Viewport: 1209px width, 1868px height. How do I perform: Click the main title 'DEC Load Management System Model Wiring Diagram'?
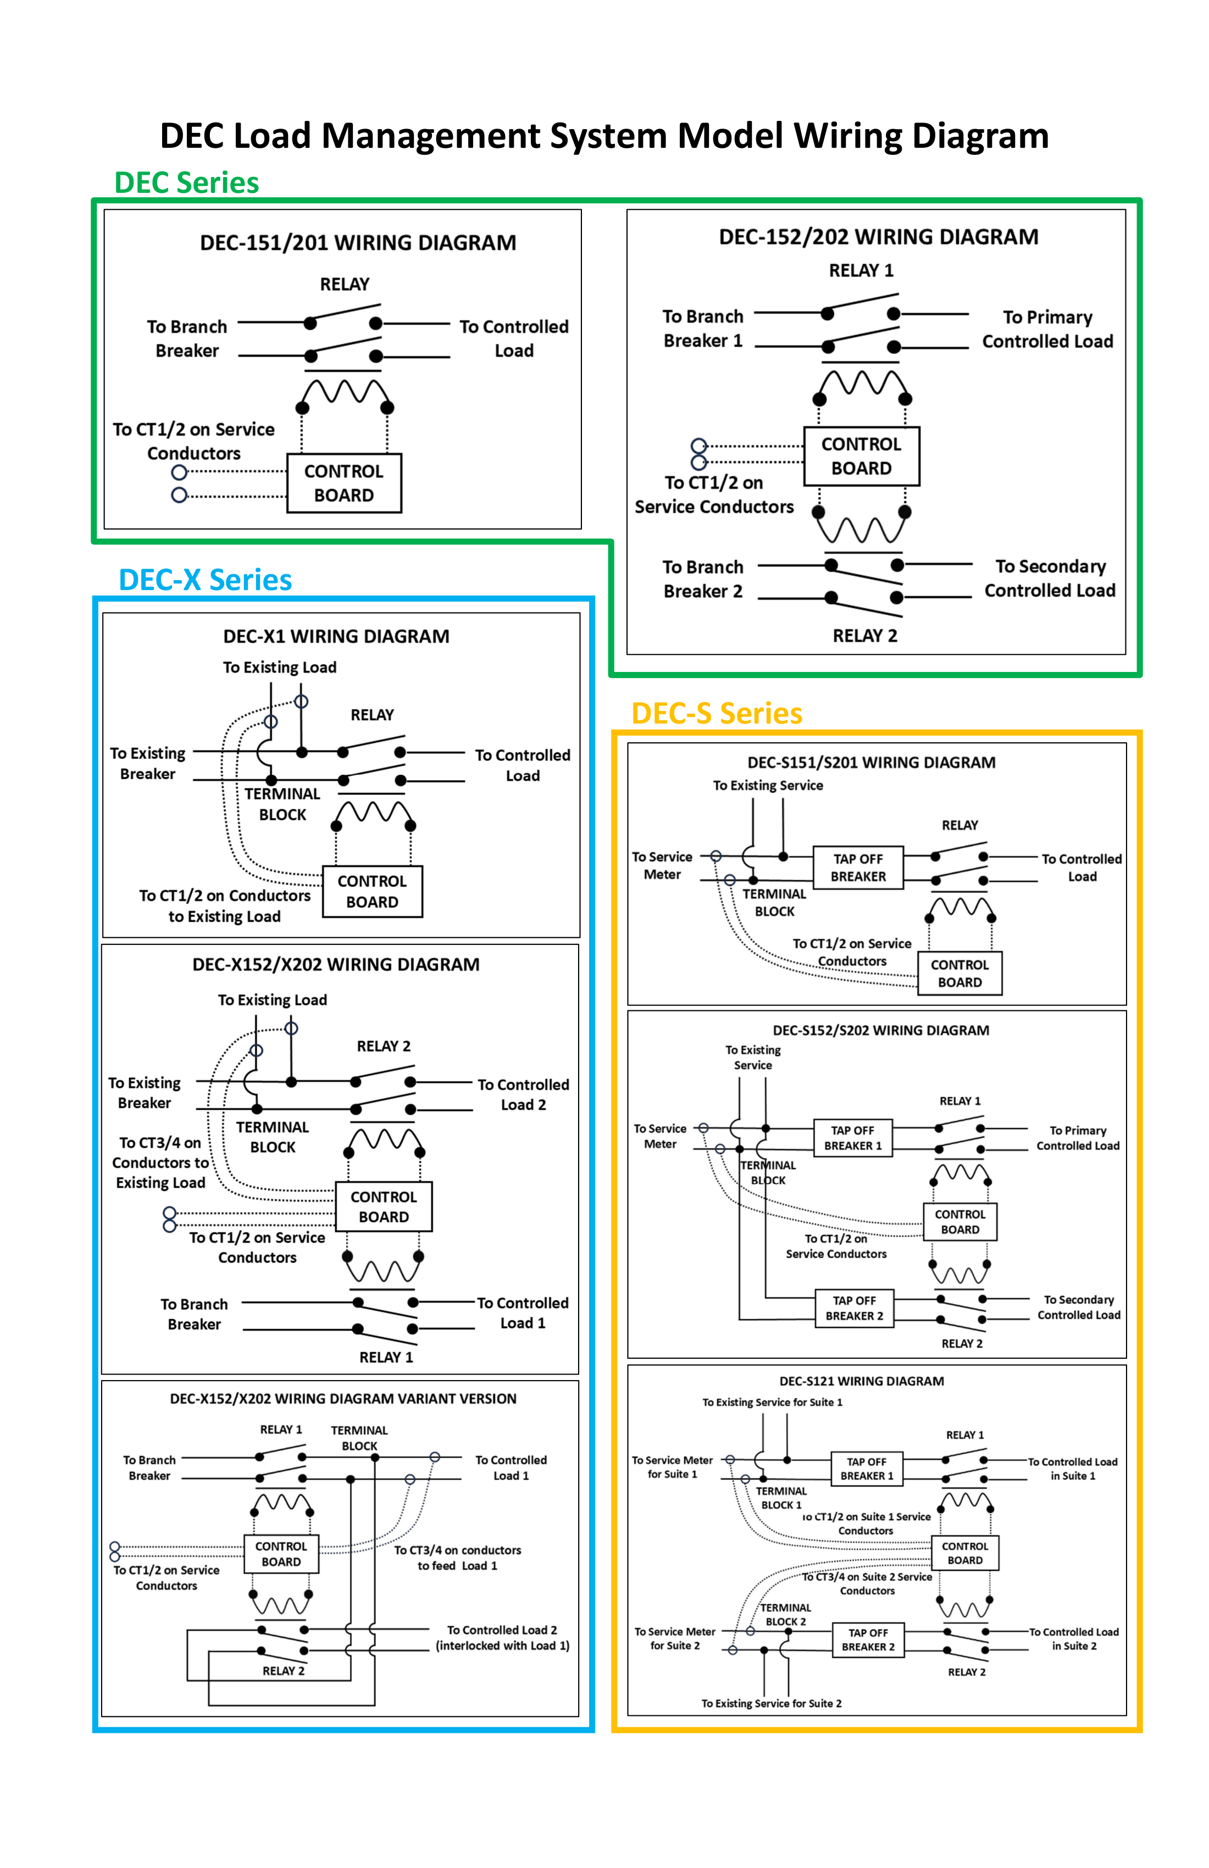click(x=604, y=136)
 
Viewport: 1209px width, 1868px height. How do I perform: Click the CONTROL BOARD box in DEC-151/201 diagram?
click(x=344, y=483)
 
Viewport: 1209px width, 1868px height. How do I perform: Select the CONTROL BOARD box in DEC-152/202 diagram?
click(x=861, y=456)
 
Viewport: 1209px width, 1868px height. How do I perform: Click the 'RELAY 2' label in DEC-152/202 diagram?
click(x=865, y=636)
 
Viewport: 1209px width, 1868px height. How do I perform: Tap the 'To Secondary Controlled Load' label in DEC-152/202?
click(x=1050, y=579)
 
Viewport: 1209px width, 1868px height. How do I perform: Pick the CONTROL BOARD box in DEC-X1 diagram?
click(x=372, y=892)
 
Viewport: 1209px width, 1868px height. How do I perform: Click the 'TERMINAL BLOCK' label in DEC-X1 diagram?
click(x=282, y=804)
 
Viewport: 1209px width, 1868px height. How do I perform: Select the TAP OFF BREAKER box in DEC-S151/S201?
click(x=858, y=868)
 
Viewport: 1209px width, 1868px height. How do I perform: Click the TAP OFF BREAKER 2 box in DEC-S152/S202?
click(x=854, y=1308)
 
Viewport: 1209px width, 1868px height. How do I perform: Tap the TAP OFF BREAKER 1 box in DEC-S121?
click(x=867, y=1469)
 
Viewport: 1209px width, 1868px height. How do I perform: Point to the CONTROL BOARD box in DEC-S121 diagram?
click(x=965, y=1553)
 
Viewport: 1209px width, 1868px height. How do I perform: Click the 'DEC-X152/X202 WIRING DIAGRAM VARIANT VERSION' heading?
click(x=343, y=1399)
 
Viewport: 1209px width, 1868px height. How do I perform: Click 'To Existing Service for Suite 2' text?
click(x=772, y=1703)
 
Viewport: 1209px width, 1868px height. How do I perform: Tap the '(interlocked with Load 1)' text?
click(x=502, y=1646)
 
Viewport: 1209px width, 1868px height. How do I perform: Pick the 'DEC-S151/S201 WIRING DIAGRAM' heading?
click(x=872, y=762)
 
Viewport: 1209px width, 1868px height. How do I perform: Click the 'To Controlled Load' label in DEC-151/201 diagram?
click(x=514, y=338)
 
